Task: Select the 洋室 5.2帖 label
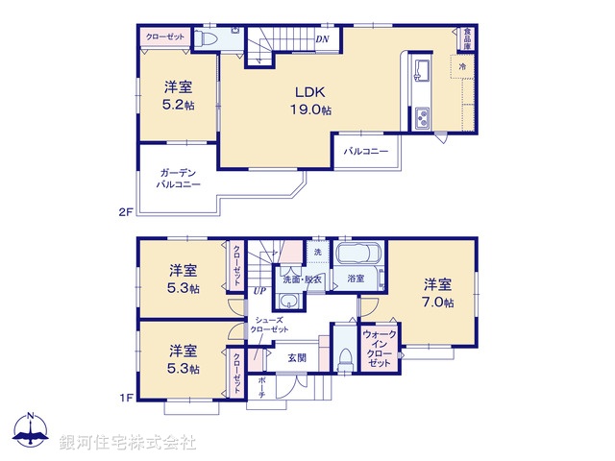(178, 94)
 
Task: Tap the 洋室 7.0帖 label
(437, 292)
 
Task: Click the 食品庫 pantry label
(467, 37)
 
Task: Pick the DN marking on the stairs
(323, 39)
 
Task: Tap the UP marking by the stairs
(259, 291)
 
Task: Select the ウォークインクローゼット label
(379, 350)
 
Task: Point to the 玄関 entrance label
(297, 357)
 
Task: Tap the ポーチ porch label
(262, 387)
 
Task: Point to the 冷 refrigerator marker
(461, 66)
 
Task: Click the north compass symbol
(32, 433)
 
